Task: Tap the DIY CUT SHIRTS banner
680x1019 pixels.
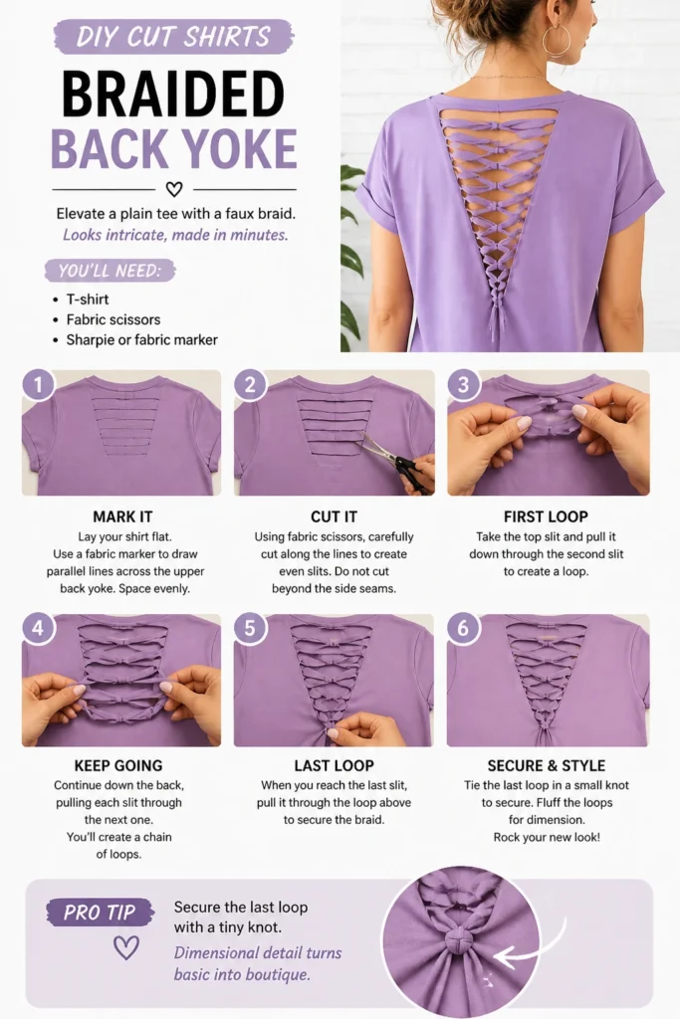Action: [173, 37]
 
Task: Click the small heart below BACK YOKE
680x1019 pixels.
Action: [173, 189]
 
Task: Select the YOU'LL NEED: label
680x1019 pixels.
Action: [110, 271]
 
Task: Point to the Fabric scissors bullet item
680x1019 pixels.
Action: [113, 319]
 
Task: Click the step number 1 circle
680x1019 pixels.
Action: [38, 385]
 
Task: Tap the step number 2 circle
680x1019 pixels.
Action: [250, 385]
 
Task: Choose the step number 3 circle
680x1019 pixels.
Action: [463, 385]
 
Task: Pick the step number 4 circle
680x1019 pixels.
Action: [38, 629]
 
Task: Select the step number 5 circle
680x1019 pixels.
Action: [250, 629]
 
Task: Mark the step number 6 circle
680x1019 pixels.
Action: [463, 629]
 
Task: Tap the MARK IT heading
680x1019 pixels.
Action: [122, 516]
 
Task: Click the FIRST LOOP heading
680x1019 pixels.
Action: [546, 516]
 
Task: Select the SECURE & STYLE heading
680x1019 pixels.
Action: [546, 765]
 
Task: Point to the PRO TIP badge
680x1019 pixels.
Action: [100, 913]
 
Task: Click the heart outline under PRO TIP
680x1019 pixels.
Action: [126, 947]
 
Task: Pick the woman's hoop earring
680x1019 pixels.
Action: [556, 40]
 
